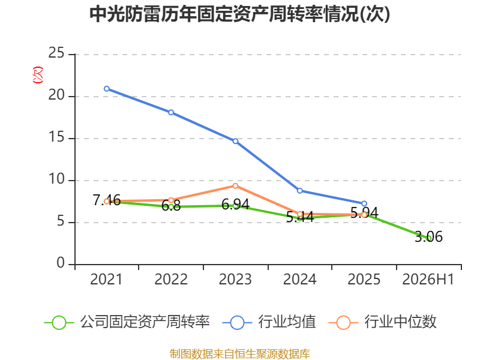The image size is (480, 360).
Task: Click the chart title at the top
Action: [x=239, y=14]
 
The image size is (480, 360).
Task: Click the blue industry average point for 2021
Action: [x=107, y=89]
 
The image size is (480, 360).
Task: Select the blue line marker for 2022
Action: [x=171, y=112]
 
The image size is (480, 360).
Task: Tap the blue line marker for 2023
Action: [x=235, y=141]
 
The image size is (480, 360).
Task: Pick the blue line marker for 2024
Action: [x=299, y=191]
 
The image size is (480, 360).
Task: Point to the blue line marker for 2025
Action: [x=364, y=203]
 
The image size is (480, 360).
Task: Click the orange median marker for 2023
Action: [x=235, y=186]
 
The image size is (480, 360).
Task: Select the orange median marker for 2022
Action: [x=171, y=200]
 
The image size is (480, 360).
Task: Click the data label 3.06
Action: [x=428, y=236]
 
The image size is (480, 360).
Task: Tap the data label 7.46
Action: [x=107, y=200]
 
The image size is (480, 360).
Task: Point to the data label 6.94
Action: [x=235, y=205]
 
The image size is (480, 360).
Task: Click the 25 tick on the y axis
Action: [x=56, y=53]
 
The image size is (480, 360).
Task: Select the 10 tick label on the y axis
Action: [x=56, y=179]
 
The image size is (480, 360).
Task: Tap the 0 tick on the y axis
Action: [x=61, y=263]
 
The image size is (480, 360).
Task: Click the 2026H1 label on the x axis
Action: [x=428, y=280]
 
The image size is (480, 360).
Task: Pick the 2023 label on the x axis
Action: [x=235, y=280]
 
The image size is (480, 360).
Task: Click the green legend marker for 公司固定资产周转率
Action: [x=59, y=323]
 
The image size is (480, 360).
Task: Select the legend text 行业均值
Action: [x=287, y=322]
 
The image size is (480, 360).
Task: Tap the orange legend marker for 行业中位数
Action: [x=343, y=323]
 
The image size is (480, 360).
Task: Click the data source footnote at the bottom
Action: [x=240, y=354]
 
